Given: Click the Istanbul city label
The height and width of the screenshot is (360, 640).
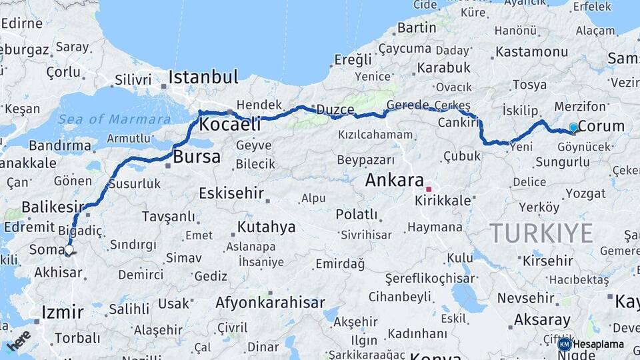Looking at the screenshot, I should coord(203,77).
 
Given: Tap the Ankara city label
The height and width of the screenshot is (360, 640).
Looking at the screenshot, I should coord(394,180).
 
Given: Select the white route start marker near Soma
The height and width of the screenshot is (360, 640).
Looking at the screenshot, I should coord(69,250).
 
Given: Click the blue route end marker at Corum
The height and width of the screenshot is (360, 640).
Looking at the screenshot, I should coord(573,127).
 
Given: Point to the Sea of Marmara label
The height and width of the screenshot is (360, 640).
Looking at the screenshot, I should coord(114,120).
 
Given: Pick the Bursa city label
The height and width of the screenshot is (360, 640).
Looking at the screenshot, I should coord(197,157).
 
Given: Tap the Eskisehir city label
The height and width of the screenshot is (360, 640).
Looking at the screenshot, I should coord(231,193).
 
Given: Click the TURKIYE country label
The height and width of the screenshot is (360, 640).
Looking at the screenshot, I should coord(541,233).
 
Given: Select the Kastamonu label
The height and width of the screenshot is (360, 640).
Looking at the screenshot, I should coord(531,51).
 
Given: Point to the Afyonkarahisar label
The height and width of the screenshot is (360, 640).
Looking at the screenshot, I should coord(270,303).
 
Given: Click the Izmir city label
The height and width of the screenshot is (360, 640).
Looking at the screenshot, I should coord(63,312).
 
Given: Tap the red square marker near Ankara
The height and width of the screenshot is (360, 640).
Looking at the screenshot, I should coord(429,189).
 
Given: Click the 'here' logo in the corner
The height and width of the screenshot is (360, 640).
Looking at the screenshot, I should coord(19,339).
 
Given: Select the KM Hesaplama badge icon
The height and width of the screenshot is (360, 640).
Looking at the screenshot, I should coord(564,344).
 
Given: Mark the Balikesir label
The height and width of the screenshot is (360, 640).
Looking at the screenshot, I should coord(53,207).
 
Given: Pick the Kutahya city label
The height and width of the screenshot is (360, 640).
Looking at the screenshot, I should coord(266,227).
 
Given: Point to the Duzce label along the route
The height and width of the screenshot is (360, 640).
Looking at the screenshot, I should coord(335,109).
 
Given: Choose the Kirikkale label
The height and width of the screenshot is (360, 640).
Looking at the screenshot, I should coord(443,201).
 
